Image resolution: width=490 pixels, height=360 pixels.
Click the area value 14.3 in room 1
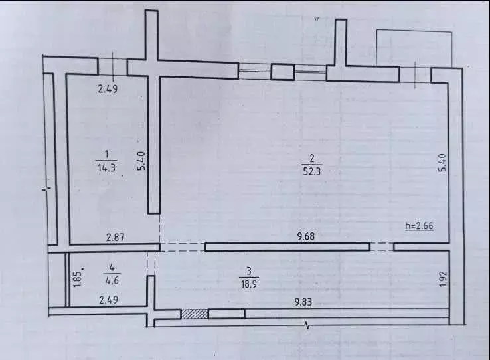106,168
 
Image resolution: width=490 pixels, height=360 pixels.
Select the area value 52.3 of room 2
312,171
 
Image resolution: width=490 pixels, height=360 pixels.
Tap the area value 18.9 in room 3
249,284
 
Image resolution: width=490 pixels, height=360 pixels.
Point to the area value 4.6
112,280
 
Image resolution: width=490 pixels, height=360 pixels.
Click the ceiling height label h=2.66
419,226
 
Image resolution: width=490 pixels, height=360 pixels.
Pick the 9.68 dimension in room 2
306,236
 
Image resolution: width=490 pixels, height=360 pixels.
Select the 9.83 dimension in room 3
303,302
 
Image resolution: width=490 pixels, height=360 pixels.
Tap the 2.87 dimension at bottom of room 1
116,238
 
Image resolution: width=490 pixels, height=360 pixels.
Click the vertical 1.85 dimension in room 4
78,278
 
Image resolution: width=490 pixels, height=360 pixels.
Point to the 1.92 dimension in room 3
443,279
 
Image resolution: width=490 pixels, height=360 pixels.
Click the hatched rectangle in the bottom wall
195,314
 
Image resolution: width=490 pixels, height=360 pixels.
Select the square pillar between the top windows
282,72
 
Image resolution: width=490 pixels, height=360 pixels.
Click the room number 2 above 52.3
312,159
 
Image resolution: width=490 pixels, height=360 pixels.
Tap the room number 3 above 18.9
249,270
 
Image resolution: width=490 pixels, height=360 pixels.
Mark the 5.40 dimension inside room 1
141,160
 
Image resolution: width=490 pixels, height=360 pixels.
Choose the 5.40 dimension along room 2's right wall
443,163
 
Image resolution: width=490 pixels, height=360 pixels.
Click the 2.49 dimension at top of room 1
108,89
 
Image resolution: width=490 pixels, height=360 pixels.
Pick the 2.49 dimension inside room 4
108,300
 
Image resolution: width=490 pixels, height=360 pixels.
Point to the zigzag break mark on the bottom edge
308,326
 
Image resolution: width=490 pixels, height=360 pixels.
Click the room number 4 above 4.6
112,268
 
